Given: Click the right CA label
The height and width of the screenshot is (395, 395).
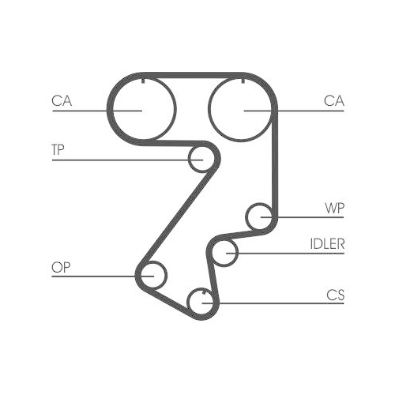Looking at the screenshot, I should (333, 100).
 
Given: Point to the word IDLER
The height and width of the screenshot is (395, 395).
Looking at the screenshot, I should (326, 244).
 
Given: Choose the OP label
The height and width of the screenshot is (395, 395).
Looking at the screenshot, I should (61, 268).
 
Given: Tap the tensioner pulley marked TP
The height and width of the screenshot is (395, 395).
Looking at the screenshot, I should (201, 160).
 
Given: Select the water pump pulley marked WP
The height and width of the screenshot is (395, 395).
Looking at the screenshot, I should (259, 215).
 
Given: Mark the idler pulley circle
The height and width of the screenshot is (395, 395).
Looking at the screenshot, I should (225, 253).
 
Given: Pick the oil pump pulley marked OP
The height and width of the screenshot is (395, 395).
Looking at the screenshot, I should (152, 276).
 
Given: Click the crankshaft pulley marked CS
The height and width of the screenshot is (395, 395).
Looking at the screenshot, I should (201, 301).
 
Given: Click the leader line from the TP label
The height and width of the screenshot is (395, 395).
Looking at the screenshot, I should (118, 160).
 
